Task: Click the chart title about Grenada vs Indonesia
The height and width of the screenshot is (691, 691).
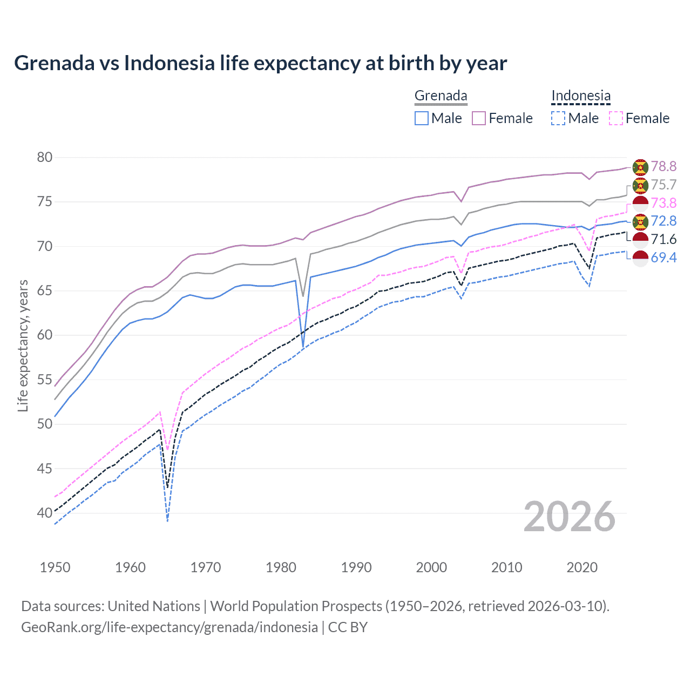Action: (260, 63)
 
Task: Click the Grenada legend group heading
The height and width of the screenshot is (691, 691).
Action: (441, 96)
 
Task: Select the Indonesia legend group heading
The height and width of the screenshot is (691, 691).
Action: (580, 96)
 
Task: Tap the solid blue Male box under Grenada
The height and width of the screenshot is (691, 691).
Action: (422, 118)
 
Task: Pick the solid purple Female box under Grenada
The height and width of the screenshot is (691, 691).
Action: (479, 118)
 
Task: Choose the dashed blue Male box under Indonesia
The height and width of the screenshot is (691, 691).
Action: (558, 118)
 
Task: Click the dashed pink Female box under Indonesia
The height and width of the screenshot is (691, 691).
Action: (615, 118)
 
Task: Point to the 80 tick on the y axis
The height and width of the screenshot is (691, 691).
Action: (45, 158)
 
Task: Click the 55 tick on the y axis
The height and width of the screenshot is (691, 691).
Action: (45, 380)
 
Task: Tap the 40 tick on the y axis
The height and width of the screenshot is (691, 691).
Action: (45, 513)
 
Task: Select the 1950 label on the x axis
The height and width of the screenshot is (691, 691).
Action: (55, 567)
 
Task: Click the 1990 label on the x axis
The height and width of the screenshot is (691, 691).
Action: (356, 567)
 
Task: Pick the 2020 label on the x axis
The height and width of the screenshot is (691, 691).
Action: (582, 567)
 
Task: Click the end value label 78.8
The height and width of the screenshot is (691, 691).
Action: (663, 167)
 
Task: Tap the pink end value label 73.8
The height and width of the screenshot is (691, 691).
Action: (663, 203)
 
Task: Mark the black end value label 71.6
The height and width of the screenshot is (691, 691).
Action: (663, 239)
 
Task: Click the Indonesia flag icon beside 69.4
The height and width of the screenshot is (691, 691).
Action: (640, 258)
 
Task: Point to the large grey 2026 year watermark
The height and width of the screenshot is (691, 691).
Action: (569, 517)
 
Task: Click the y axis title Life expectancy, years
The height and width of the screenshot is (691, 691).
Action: (23, 345)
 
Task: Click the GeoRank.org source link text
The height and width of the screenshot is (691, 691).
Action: (170, 627)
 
